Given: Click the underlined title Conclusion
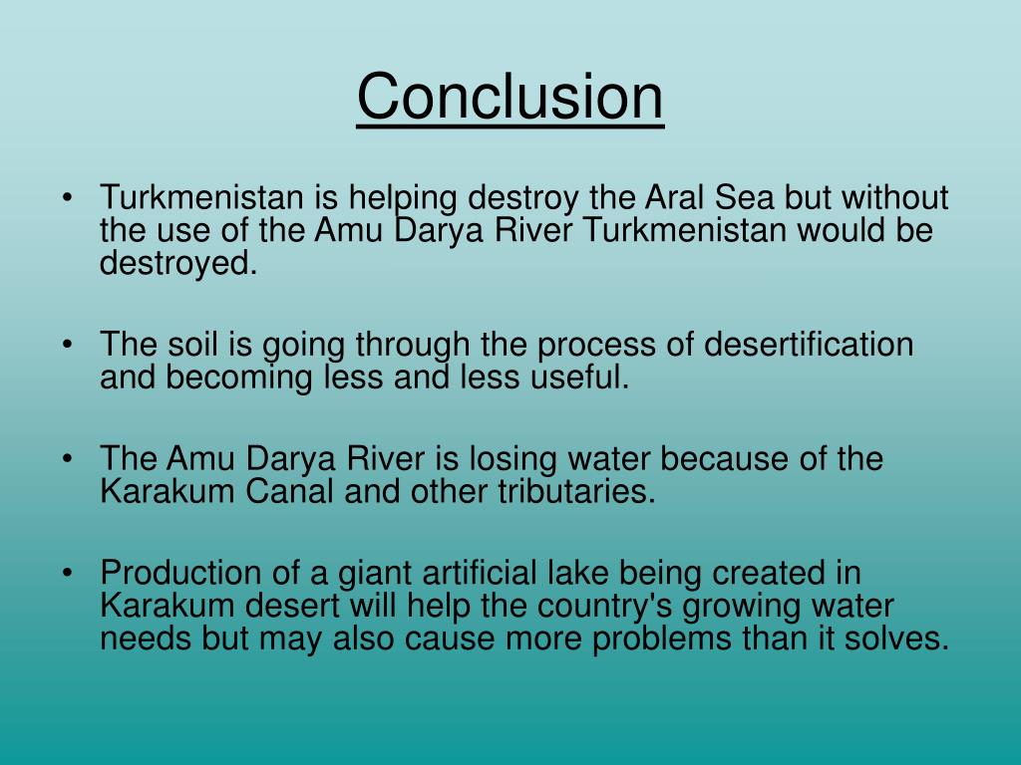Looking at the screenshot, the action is point(510,97).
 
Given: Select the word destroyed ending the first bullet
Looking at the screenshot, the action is point(178,263).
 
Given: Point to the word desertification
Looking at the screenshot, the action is point(808,344).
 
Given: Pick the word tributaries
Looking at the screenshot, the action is point(576,491).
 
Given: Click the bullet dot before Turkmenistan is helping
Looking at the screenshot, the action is point(67,198).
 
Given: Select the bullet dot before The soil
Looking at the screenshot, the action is point(67,345).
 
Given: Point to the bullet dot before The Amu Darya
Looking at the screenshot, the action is point(67,459).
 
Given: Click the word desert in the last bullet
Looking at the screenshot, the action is point(292,606).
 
